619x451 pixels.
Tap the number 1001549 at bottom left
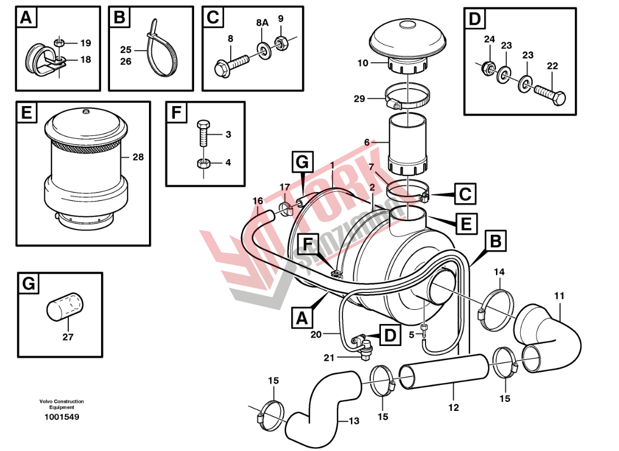pos(62,417)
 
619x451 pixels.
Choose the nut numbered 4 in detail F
pos(203,164)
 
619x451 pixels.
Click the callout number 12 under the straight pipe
pos(454,407)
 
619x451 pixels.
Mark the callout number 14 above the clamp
pos(499,273)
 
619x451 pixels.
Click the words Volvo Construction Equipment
pos(62,404)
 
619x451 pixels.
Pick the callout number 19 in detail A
pos(85,43)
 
